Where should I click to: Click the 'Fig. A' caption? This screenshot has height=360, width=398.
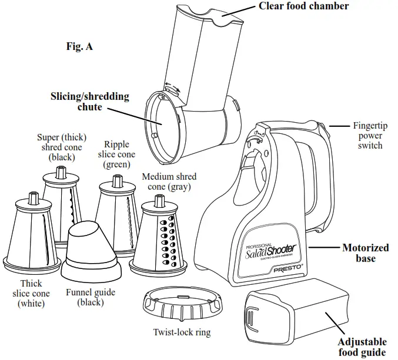[x=79, y=46]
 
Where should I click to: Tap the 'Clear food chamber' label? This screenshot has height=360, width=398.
[x=303, y=6]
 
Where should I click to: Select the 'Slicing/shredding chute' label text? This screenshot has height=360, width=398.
[x=89, y=102]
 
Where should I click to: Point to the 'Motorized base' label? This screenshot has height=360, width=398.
[x=365, y=253]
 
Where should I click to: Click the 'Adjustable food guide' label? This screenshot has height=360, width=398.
[x=362, y=346]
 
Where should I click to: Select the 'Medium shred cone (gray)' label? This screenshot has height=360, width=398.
[x=169, y=181]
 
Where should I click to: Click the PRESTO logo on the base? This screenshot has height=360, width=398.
[x=286, y=268]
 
